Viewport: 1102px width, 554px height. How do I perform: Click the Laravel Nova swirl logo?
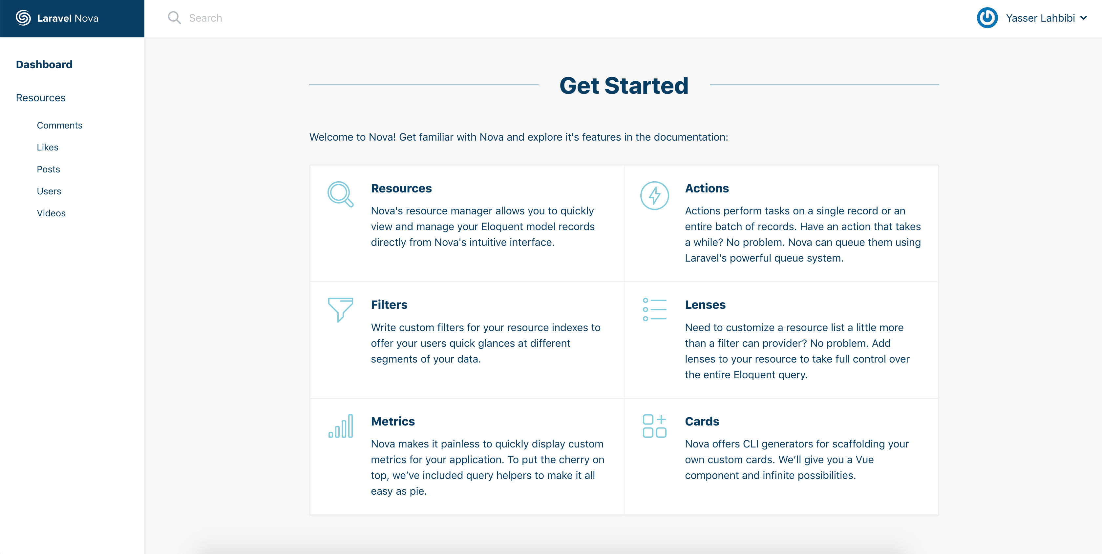pyautogui.click(x=23, y=18)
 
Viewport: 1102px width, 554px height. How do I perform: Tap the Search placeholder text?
pyautogui.click(x=205, y=18)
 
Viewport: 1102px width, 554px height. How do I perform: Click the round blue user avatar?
pyautogui.click(x=987, y=18)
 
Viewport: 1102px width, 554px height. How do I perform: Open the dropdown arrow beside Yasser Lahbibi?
pyautogui.click(x=1084, y=18)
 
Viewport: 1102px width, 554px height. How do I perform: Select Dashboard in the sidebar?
pyautogui.click(x=44, y=65)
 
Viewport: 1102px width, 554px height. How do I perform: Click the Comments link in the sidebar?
pyautogui.click(x=59, y=125)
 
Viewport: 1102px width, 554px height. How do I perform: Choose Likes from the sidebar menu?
pyautogui.click(x=48, y=147)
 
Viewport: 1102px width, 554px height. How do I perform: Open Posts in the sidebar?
pyautogui.click(x=48, y=169)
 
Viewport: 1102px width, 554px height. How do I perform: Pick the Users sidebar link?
pyautogui.click(x=49, y=191)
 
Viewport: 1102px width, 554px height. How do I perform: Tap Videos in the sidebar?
pyautogui.click(x=51, y=213)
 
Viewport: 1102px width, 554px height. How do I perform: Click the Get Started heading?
pyautogui.click(x=624, y=86)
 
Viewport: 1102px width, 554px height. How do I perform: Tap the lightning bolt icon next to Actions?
pyautogui.click(x=654, y=195)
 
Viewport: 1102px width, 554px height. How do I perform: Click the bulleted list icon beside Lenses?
pyautogui.click(x=654, y=309)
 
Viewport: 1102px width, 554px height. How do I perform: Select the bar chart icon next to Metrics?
pyautogui.click(x=341, y=426)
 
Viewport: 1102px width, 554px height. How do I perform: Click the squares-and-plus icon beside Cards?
pyautogui.click(x=654, y=426)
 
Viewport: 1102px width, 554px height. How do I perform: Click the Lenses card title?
pyautogui.click(x=705, y=305)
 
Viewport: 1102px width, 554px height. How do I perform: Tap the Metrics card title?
pyautogui.click(x=393, y=422)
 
